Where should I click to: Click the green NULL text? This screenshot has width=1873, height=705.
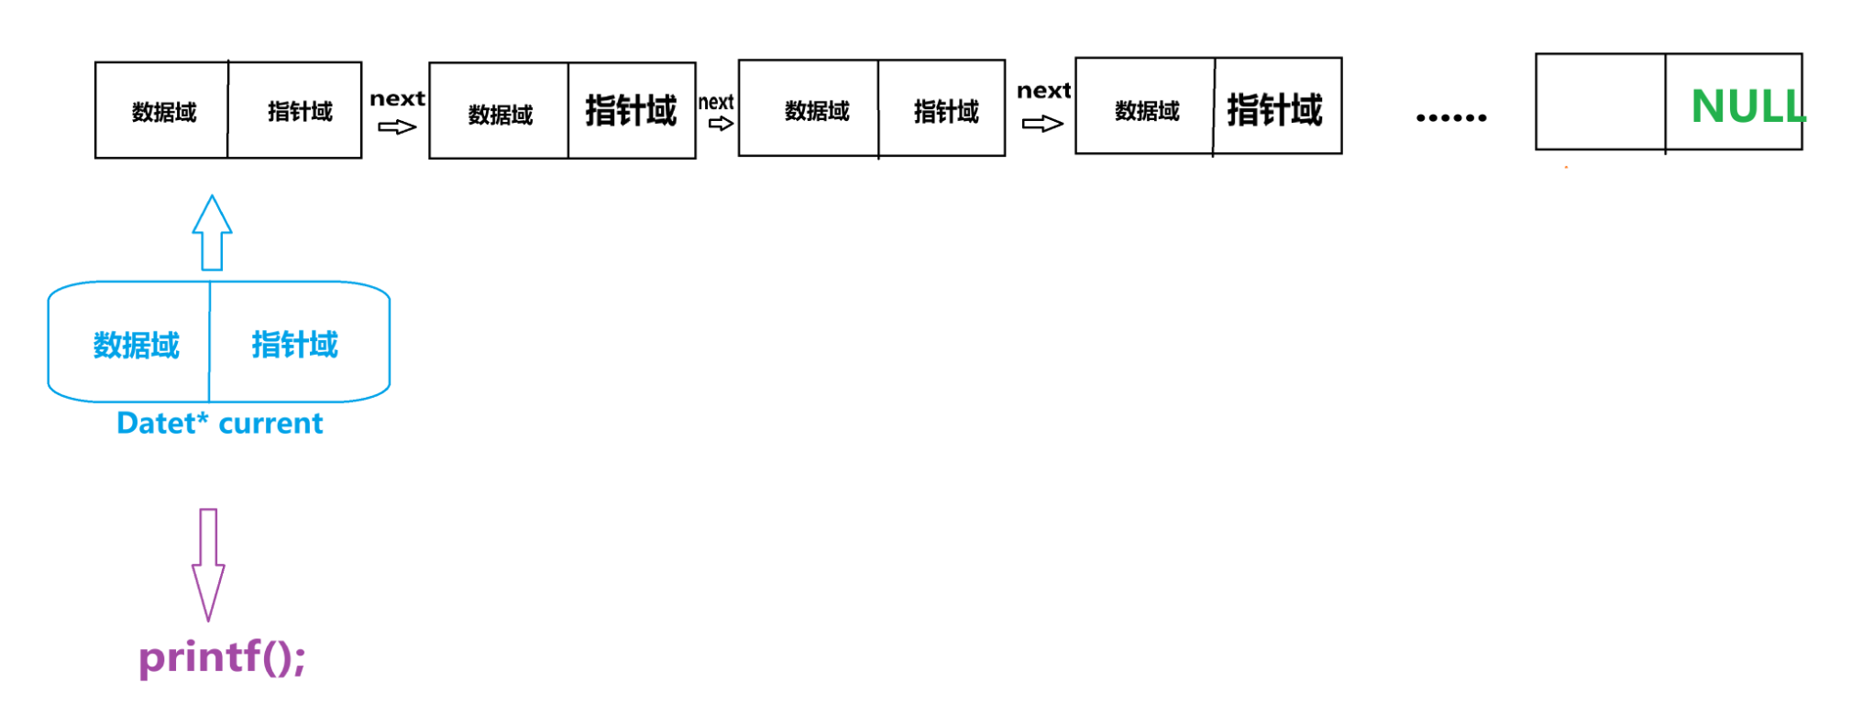click(x=1746, y=106)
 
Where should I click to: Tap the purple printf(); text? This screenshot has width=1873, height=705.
click(x=222, y=657)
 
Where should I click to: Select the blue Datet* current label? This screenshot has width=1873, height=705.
click(x=220, y=424)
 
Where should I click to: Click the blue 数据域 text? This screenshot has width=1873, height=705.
click(x=137, y=346)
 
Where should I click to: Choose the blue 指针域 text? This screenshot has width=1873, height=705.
click(x=294, y=345)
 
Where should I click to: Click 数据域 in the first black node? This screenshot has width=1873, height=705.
click(x=164, y=113)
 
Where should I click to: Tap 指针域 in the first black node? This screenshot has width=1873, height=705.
click(x=300, y=112)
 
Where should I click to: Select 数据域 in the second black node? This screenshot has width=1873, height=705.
click(x=501, y=116)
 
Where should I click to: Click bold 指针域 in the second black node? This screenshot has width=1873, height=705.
click(x=631, y=111)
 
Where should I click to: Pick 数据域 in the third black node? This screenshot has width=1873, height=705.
click(x=817, y=112)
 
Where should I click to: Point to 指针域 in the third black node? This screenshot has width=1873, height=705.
click(x=946, y=112)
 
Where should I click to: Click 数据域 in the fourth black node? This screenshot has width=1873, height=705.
click(x=1147, y=112)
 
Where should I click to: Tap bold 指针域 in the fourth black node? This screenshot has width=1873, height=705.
click(x=1274, y=110)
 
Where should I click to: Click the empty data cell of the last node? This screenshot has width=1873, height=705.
click(x=1600, y=102)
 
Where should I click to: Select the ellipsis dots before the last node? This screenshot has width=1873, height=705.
click(x=1450, y=117)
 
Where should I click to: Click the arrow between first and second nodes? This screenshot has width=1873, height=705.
click(x=397, y=127)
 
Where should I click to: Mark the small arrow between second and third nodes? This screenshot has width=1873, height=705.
click(x=721, y=124)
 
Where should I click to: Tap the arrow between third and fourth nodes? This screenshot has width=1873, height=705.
click(x=1042, y=123)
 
